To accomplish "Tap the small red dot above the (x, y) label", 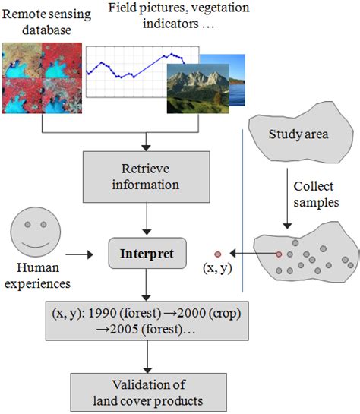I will click(218, 253).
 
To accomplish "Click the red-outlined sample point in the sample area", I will click(279, 253).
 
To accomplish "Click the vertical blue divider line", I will click(242, 205).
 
